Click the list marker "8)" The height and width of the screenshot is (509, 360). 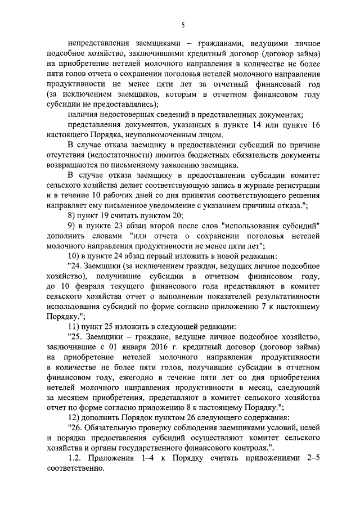click(71, 215)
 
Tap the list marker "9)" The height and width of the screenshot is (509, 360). click(71, 226)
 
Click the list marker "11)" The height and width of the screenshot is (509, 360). click(74, 327)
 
